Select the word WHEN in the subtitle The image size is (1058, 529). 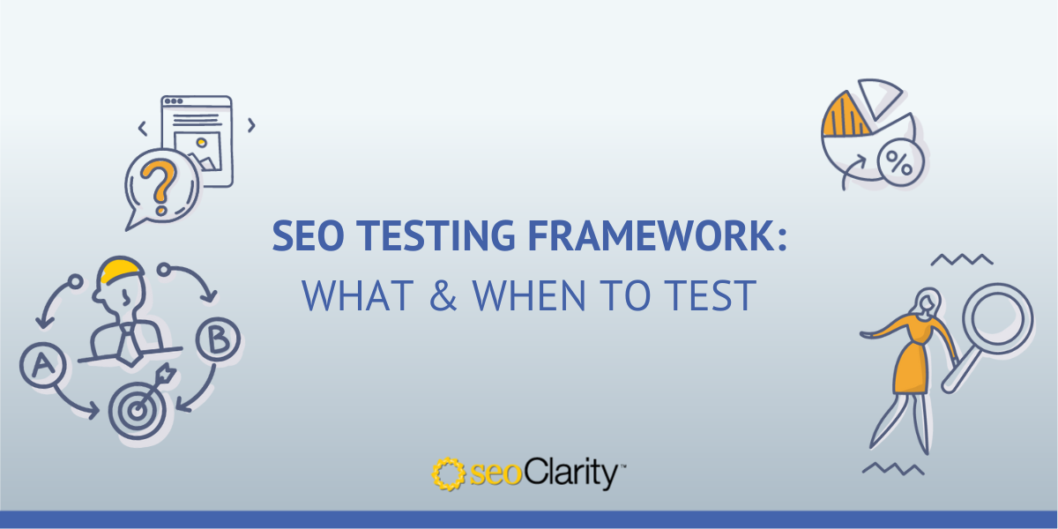pos(522,296)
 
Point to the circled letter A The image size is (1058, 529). pos(40,365)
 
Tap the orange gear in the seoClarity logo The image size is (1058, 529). pos(448,474)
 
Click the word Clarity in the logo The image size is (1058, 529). pos(578,474)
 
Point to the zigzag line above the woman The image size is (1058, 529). pos(962,259)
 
